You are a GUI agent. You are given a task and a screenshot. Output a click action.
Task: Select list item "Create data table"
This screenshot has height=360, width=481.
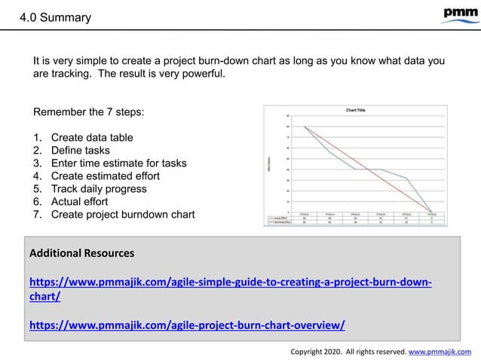tap(92, 137)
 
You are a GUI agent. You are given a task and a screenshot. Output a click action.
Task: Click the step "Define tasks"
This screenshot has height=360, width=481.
tap(80, 150)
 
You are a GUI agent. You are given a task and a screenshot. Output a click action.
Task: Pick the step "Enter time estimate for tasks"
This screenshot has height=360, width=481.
tap(118, 163)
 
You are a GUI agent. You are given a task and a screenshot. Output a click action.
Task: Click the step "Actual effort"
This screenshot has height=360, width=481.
tap(79, 201)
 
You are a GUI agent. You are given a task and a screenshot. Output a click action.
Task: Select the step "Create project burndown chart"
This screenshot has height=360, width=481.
tap(122, 215)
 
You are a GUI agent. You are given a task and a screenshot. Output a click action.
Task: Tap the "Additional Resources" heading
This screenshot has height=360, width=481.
tap(81, 253)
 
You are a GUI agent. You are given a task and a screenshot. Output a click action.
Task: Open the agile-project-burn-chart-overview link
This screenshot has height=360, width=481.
tap(187, 325)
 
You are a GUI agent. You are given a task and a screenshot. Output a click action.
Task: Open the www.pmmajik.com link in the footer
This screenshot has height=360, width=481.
tap(439, 351)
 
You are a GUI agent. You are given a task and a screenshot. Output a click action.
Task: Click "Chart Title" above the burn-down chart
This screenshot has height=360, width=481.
tap(356, 110)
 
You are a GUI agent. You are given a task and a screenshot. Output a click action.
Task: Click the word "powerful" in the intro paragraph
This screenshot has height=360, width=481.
tap(201, 74)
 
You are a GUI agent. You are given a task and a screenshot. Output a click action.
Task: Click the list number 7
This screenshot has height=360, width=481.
tap(37, 215)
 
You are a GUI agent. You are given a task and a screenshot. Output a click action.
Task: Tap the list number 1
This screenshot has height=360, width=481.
tap(37, 137)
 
